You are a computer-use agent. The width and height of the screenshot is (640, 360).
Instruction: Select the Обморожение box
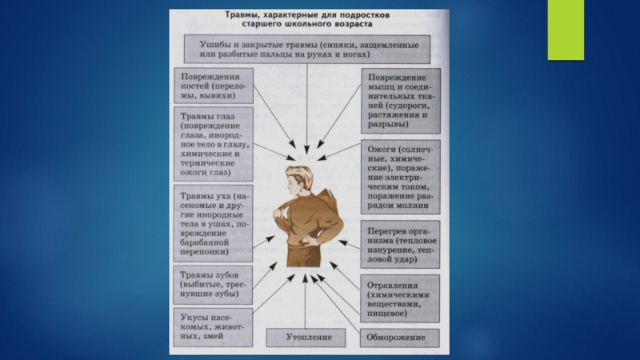click(x=401, y=338)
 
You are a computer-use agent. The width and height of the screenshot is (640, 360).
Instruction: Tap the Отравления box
click(x=401, y=299)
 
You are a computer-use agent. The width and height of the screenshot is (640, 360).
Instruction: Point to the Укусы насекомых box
click(x=213, y=326)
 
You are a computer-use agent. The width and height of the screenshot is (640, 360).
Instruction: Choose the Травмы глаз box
click(x=213, y=143)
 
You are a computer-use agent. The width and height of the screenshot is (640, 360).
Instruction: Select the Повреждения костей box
click(x=213, y=83)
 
